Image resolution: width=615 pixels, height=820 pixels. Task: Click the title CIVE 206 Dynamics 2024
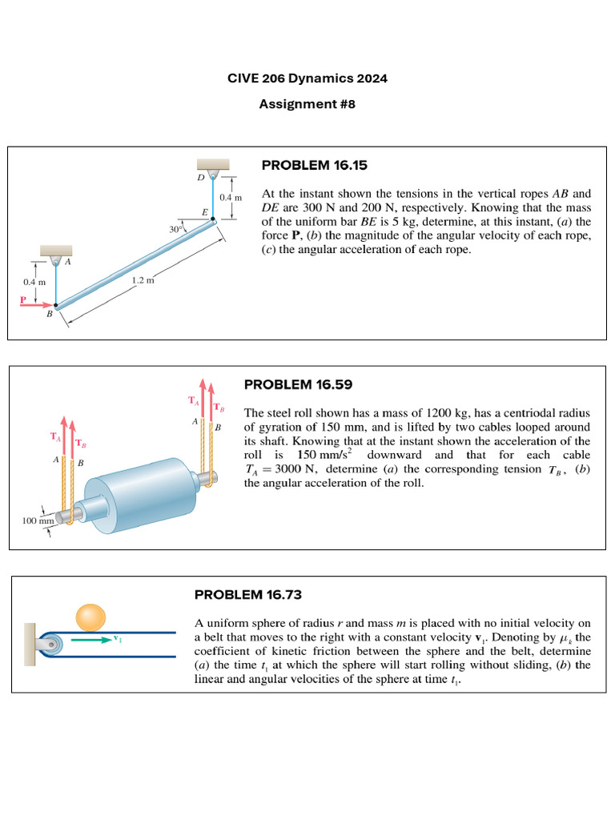click(307, 79)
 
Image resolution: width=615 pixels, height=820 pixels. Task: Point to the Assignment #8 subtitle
click(307, 104)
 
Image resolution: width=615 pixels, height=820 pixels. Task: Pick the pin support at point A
click(55, 261)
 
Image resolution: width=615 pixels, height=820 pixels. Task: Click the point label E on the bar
click(205, 212)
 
